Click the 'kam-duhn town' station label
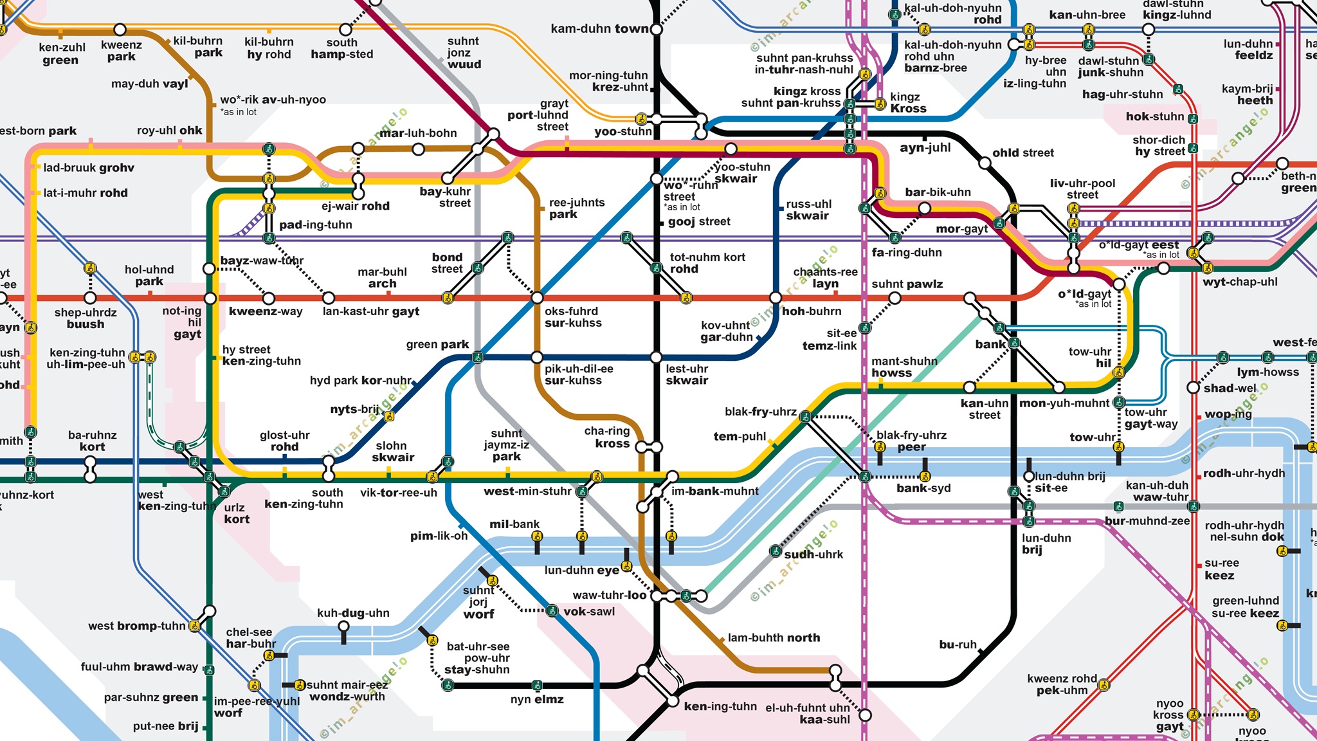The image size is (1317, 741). pyautogui.click(x=599, y=29)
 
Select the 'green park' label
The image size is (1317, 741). pyautogui.click(x=437, y=345)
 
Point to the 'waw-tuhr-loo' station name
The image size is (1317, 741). pyautogui.click(x=610, y=596)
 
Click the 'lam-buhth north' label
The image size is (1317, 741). pyautogui.click(x=774, y=638)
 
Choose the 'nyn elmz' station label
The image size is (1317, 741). pyautogui.click(x=537, y=700)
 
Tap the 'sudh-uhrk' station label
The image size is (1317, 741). pyautogui.click(x=813, y=554)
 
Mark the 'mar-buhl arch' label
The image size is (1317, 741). pyautogui.click(x=382, y=278)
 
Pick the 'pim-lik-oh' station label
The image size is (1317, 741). pyautogui.click(x=439, y=536)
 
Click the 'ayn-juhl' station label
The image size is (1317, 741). pyautogui.click(x=925, y=148)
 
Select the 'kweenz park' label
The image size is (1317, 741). pyautogui.click(x=122, y=51)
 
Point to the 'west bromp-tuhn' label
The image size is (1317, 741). pyautogui.click(x=137, y=626)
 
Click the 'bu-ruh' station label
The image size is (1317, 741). pyautogui.click(x=958, y=645)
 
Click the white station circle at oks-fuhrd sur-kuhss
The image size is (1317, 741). pyautogui.click(x=537, y=298)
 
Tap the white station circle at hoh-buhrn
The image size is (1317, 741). pyautogui.click(x=776, y=298)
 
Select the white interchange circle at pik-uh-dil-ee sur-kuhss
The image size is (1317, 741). pyautogui.click(x=537, y=358)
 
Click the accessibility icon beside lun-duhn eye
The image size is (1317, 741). pyautogui.click(x=626, y=567)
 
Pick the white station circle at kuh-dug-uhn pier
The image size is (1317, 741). pyautogui.click(x=344, y=626)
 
